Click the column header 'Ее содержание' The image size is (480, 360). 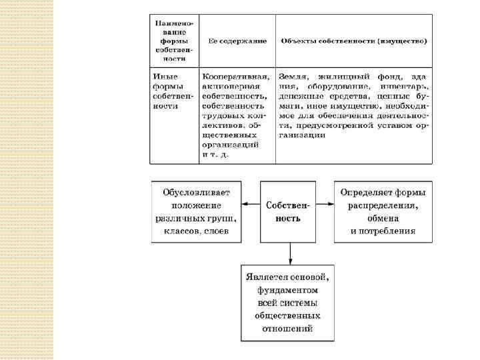pyautogui.click(x=237, y=41)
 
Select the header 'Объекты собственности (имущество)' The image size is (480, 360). pyautogui.click(x=354, y=41)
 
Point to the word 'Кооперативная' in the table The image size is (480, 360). pyautogui.click(x=236, y=77)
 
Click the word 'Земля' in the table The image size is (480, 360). pyautogui.click(x=293, y=77)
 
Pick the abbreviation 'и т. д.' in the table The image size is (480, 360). pyautogui.click(x=215, y=154)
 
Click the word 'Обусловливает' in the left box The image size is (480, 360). pyautogui.click(x=195, y=193)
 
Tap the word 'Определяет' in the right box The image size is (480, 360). pyautogui.click(x=363, y=193)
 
